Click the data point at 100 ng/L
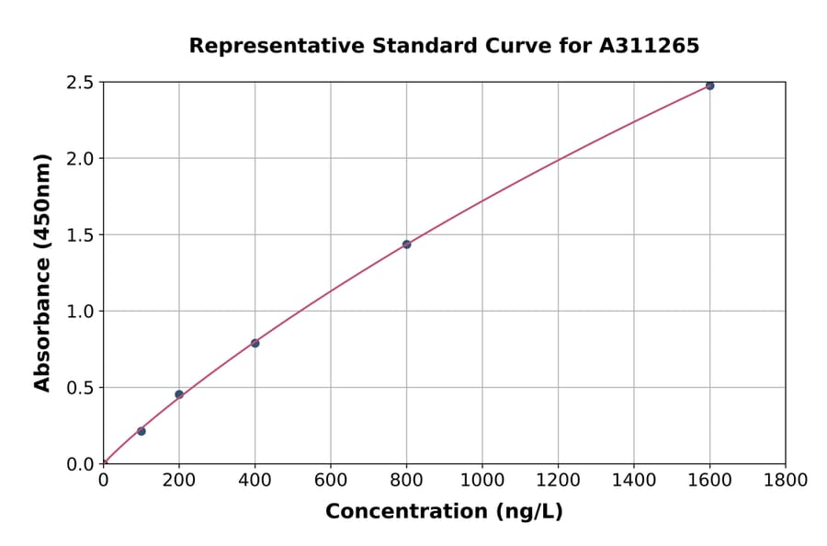142,431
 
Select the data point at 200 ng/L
179,394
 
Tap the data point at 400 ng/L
255,344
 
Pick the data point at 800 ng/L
406,245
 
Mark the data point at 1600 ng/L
709,85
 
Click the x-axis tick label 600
331,480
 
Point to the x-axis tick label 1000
482,480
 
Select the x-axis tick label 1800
785,480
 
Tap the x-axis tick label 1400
634,480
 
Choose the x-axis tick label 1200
558,480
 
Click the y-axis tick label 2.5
81,83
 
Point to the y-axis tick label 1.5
81,235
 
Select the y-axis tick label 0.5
81,388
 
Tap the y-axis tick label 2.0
81,159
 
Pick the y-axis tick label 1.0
81,312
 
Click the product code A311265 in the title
650,45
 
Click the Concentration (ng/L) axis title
444,511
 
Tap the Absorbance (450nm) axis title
42,272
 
